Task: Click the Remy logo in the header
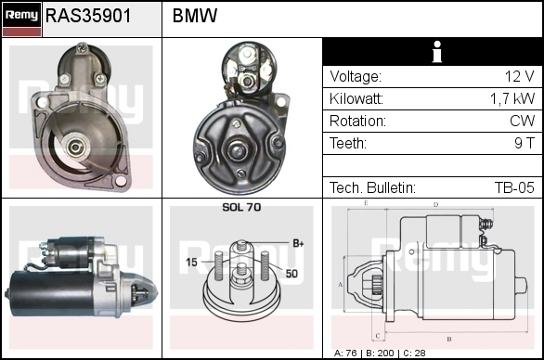click(22, 19)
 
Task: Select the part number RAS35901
click(88, 16)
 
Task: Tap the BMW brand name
click(195, 16)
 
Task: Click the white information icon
click(437, 52)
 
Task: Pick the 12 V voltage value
click(519, 76)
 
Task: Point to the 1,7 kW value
click(512, 99)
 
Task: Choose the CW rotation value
click(523, 121)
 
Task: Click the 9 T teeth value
click(525, 143)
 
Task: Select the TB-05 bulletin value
click(514, 187)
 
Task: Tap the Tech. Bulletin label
click(372, 187)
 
